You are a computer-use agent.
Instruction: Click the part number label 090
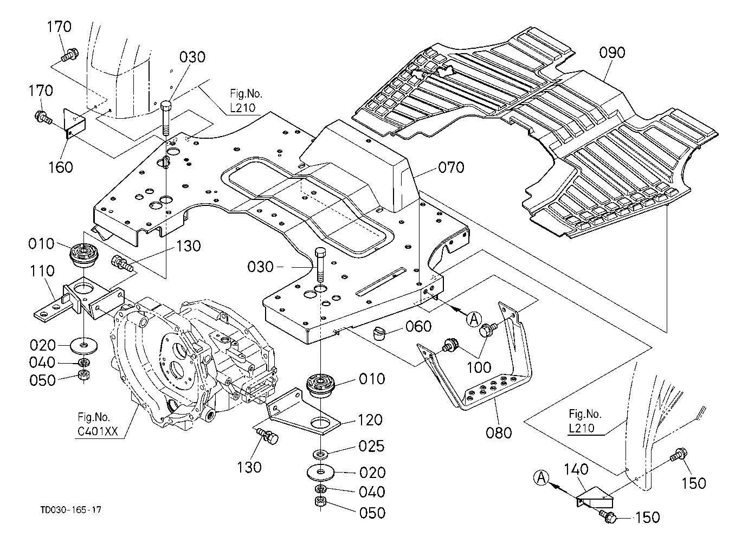(612, 53)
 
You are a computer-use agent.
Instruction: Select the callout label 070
(451, 167)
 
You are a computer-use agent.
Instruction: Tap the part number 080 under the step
(499, 433)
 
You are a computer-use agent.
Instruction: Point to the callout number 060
(418, 326)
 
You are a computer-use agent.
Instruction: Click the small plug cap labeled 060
(378, 333)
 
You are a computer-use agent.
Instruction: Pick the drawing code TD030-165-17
(71, 510)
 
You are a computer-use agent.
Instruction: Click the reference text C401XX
(98, 431)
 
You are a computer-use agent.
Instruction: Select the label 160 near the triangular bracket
(61, 167)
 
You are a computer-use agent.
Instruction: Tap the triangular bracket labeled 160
(74, 123)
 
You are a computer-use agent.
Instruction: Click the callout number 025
(372, 446)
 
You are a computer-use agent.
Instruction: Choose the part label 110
(42, 271)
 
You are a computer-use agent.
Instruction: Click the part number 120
(370, 420)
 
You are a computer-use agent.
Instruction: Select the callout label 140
(576, 469)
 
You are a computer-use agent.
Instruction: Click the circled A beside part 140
(541, 477)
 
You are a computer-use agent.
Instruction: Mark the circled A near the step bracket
(474, 319)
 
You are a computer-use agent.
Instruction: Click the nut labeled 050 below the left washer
(83, 376)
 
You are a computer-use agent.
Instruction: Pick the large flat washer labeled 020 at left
(83, 345)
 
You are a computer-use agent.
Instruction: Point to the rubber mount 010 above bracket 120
(320, 386)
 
